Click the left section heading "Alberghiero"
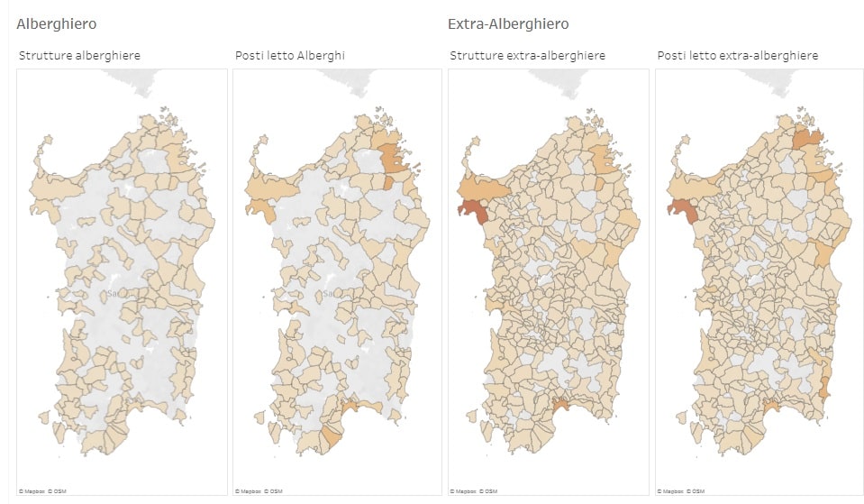point(56,24)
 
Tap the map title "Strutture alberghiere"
point(79,56)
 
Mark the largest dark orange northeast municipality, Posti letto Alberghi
point(392,157)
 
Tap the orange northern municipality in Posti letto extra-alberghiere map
point(807,139)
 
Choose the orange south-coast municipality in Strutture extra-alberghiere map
point(565,408)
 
